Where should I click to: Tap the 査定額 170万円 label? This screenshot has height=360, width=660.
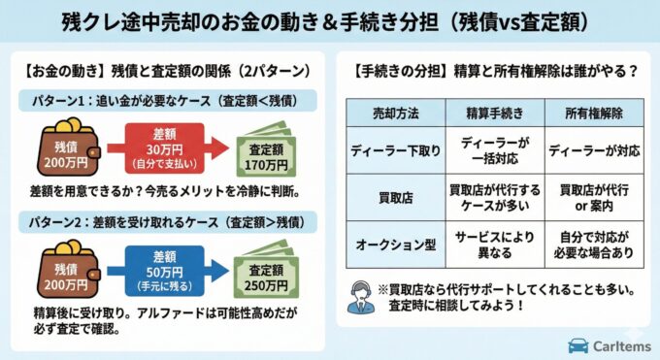click(x=267, y=155)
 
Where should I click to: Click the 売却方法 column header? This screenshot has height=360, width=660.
click(x=396, y=113)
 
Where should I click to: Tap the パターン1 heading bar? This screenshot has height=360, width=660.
click(x=169, y=100)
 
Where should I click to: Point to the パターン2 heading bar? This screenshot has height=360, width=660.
click(x=169, y=222)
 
